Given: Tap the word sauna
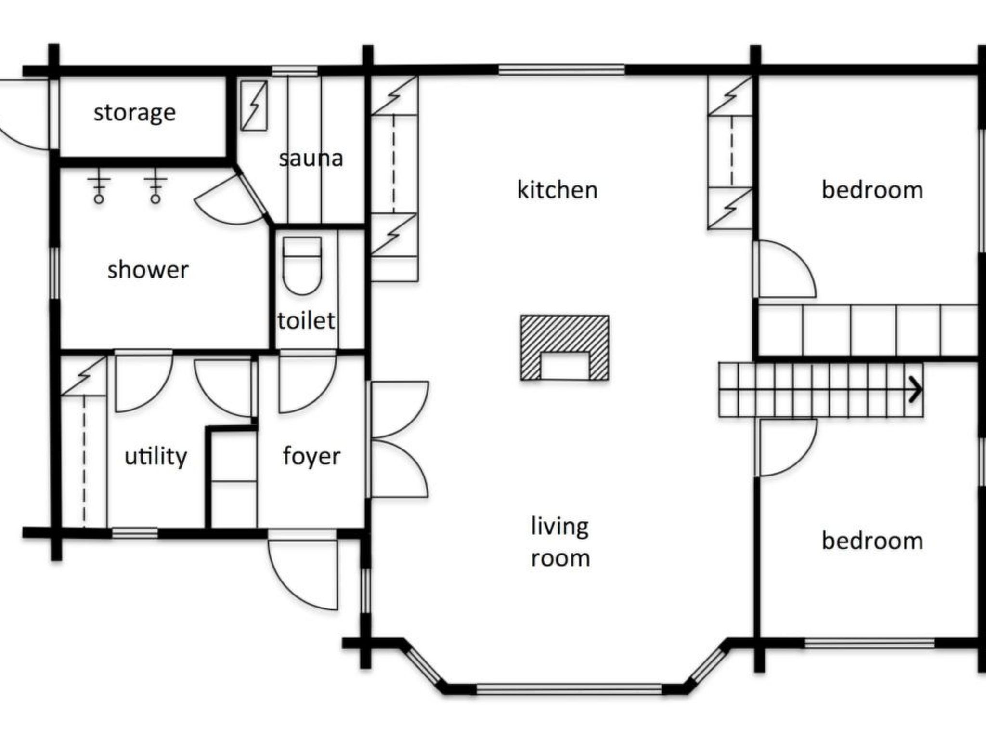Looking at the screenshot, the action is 311,158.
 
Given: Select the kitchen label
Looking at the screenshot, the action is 557,189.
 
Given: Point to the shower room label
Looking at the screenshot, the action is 148,269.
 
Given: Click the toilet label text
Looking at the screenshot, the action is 306,320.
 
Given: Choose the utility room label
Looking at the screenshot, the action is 156,456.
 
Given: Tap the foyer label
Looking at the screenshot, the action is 311,456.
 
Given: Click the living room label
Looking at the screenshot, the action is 560,542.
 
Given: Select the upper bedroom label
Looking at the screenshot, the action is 872,190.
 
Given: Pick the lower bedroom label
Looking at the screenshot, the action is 872,541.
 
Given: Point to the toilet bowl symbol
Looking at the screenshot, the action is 302,266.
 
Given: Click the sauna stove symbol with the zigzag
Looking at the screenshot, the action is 254,106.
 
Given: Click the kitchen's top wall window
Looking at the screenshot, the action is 561,70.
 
